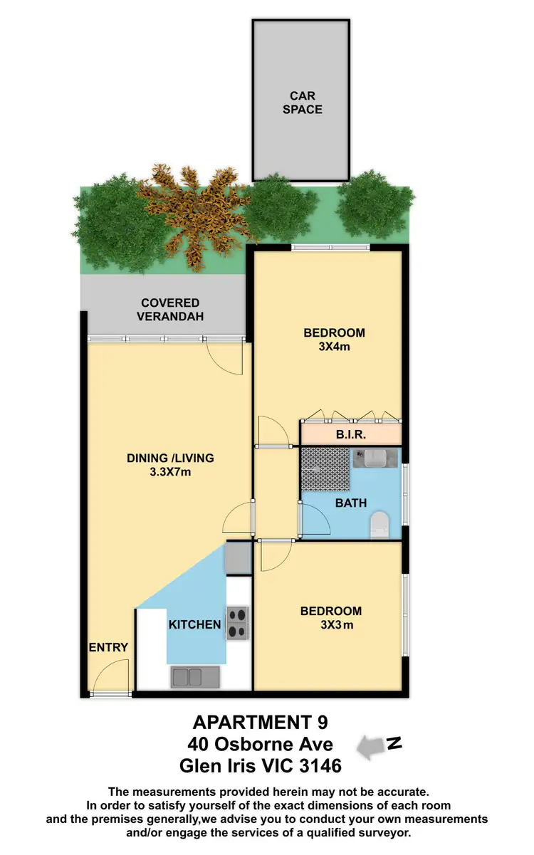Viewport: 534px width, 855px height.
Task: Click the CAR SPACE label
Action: [x=302, y=103]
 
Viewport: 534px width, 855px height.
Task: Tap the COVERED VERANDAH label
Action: [x=170, y=310]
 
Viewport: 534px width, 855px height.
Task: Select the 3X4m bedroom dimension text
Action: [x=334, y=347]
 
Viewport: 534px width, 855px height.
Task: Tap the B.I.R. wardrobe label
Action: [x=351, y=434]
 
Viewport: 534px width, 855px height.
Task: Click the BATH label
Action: [x=351, y=503]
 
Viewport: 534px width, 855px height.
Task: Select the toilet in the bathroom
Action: [x=379, y=524]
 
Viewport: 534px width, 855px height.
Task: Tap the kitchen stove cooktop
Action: [x=237, y=623]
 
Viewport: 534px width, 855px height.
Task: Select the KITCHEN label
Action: [x=194, y=624]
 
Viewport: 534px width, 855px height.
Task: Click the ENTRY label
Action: [x=108, y=647]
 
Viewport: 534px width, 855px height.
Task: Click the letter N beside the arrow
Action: [x=394, y=744]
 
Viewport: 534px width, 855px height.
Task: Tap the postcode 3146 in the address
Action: [x=320, y=767]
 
